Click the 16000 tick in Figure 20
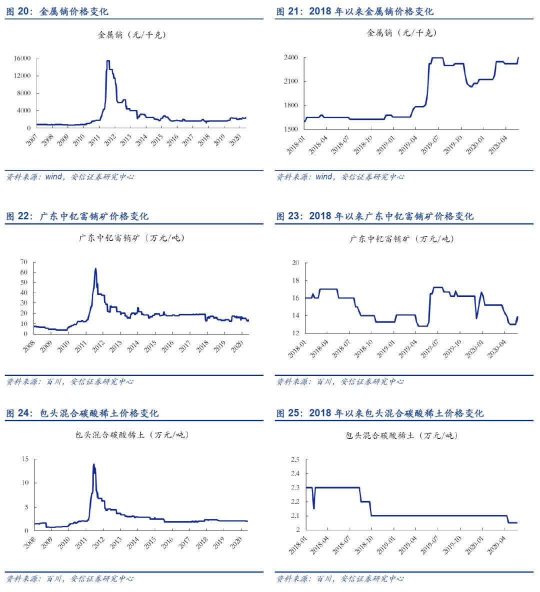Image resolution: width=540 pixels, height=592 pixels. pos(22,58)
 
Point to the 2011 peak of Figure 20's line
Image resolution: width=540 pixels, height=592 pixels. pos(107,61)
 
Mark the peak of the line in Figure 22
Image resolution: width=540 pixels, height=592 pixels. pos(95,268)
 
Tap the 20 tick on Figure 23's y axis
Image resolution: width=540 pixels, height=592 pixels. pos(295,263)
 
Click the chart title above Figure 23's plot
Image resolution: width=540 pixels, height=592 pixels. pos(401,239)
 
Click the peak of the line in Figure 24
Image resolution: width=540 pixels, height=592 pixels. pos(93,464)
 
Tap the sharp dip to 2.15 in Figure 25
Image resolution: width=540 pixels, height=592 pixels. pos(313,508)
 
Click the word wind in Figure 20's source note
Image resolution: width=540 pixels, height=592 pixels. pos(53,177)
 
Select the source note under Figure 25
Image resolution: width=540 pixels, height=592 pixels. pos(339,578)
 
